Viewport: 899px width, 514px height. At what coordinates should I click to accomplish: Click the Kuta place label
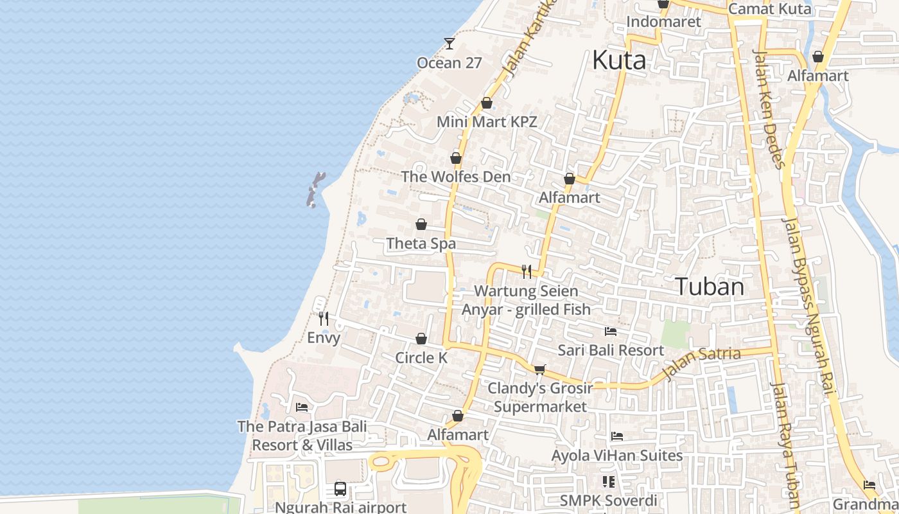click(x=618, y=60)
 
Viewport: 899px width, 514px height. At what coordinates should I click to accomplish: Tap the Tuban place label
click(x=710, y=287)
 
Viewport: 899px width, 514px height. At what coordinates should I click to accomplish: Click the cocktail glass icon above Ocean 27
click(x=449, y=44)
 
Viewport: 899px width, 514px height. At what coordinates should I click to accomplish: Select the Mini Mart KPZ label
click(x=486, y=121)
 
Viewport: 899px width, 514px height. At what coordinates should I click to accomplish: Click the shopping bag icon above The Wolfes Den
click(x=456, y=158)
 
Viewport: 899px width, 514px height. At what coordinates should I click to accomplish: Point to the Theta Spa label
click(x=421, y=244)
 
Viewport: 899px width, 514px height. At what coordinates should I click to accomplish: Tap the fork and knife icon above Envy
click(x=324, y=318)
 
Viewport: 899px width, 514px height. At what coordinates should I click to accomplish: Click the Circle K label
click(x=421, y=358)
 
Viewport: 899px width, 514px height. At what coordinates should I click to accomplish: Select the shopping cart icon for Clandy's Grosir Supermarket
click(x=539, y=369)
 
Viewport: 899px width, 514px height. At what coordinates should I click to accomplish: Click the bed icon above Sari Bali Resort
click(x=611, y=332)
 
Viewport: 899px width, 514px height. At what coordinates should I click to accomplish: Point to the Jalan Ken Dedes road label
click(x=769, y=109)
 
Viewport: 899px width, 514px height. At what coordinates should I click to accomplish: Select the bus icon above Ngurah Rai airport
click(x=340, y=489)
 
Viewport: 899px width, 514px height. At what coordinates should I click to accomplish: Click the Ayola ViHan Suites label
click(x=617, y=456)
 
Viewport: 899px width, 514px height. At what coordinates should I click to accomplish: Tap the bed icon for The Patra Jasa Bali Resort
click(x=301, y=407)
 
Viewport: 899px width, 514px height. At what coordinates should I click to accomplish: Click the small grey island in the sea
click(x=315, y=190)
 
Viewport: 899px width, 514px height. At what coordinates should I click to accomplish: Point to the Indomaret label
click(x=663, y=22)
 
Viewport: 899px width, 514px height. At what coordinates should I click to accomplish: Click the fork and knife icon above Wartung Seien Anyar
click(x=527, y=272)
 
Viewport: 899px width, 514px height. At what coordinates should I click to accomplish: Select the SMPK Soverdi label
click(x=608, y=501)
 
